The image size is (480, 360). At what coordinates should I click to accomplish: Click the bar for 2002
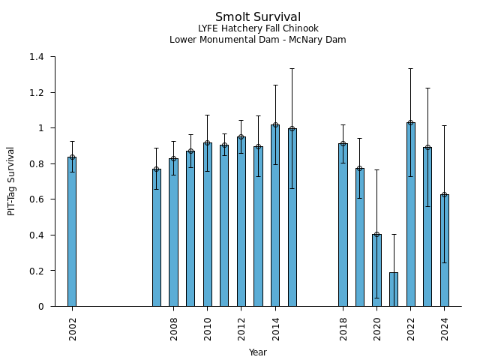coord(72,232)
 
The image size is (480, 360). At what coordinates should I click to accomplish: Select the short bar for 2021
coord(393,289)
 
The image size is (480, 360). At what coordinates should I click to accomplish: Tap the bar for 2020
coord(376,270)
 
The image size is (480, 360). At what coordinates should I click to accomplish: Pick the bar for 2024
coord(444,250)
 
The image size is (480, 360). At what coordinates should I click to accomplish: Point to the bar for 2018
coord(343,225)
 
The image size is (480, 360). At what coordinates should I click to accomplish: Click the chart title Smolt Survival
coord(258,17)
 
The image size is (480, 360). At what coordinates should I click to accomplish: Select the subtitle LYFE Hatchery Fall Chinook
coord(258,28)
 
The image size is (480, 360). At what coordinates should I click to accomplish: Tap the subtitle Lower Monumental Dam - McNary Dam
coord(258,40)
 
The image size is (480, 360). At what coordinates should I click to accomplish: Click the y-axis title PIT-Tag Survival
coord(11,181)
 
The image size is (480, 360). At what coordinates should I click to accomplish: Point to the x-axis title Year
coord(258,352)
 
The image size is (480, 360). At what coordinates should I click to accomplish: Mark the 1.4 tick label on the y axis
coord(37,57)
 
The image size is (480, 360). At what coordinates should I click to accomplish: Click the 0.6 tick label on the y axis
coord(37,199)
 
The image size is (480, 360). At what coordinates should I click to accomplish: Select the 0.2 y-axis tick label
coord(37,271)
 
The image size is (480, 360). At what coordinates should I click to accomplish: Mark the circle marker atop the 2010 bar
coord(207,143)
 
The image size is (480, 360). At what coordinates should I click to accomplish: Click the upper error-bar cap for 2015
coord(292,69)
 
